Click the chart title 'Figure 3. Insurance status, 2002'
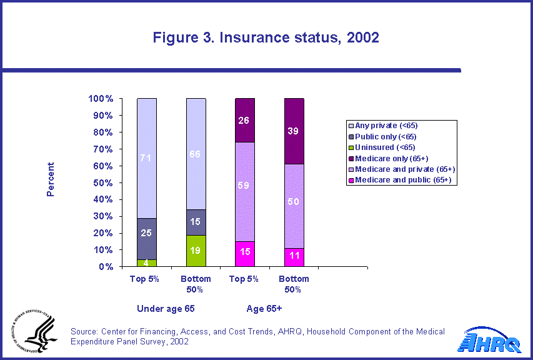point(266,37)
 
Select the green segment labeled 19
point(196,251)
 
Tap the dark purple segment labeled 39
point(294,131)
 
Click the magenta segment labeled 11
point(294,257)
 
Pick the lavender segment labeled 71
point(147,158)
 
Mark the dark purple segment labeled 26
point(245,120)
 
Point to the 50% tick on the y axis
point(102,182)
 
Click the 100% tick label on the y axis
point(100,99)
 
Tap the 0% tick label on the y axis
point(104,266)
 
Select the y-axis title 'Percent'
point(51,179)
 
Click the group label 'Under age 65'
point(161,308)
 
